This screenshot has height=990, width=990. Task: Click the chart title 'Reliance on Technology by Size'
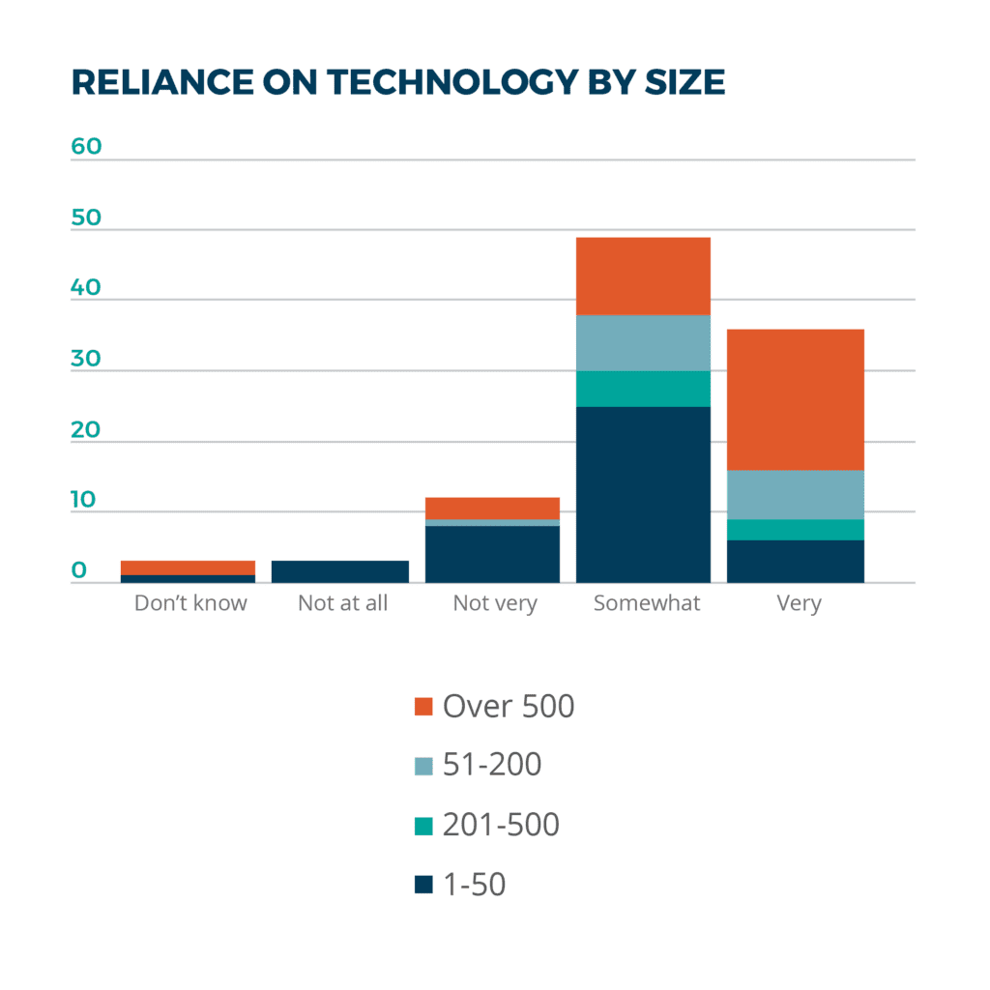coord(397,83)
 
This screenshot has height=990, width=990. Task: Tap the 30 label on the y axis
coord(86,358)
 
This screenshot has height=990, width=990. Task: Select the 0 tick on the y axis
coord(79,570)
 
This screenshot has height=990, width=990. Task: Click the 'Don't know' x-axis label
coord(190,603)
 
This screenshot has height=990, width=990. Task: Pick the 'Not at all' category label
coord(342,603)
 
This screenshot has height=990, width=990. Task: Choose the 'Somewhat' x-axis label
coord(646,603)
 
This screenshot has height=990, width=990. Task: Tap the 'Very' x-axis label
coord(798,603)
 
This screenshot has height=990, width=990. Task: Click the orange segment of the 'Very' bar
coord(795,399)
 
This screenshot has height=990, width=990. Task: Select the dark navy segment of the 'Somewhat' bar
coord(643,494)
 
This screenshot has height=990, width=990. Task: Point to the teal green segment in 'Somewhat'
coord(643,389)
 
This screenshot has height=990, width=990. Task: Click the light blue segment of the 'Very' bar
coord(795,494)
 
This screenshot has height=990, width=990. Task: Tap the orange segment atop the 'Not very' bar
coord(493,508)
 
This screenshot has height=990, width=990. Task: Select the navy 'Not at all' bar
coord(340,571)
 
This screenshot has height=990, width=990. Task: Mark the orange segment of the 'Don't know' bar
coord(188,568)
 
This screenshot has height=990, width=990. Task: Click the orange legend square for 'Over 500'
coord(422,707)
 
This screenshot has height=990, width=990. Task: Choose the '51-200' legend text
coord(491,765)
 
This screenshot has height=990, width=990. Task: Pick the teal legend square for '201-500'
coord(422,826)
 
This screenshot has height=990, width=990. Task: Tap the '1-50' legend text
coord(474,884)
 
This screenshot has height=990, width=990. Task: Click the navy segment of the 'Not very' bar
coord(493,554)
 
